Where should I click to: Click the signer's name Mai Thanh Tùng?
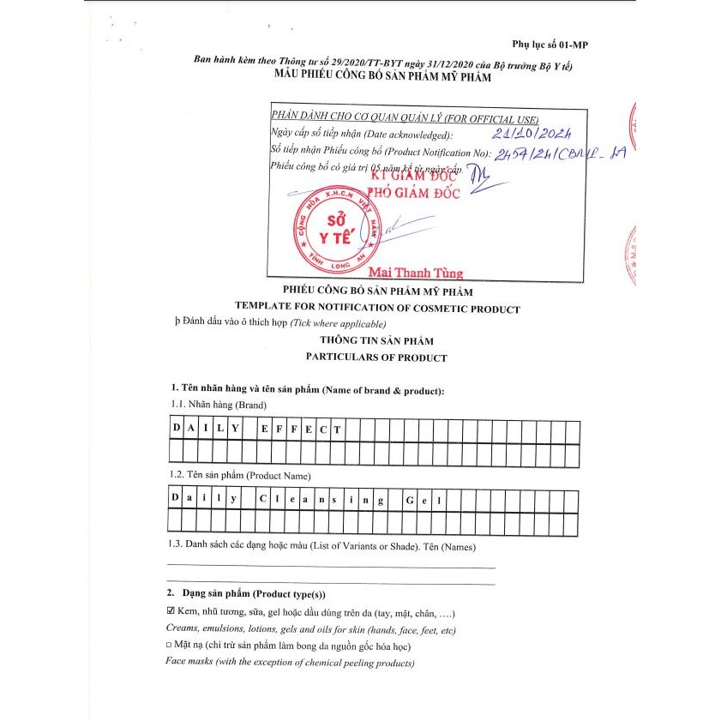415,273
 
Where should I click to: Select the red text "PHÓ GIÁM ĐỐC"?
414,192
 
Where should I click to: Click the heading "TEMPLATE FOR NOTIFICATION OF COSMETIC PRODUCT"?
377,309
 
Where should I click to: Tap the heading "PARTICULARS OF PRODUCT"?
377,357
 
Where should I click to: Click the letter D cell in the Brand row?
177,428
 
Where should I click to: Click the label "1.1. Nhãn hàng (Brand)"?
218,405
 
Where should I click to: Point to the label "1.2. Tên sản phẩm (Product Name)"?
239,475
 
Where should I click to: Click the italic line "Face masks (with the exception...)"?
290,663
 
